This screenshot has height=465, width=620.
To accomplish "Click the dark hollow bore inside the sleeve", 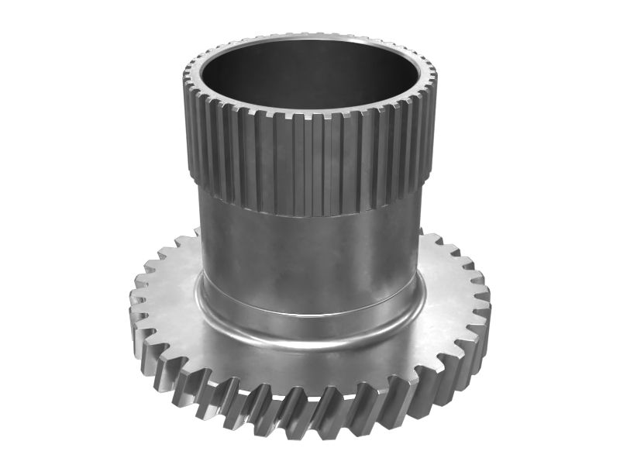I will coord(310,77).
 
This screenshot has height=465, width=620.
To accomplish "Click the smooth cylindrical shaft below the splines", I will coord(310,248).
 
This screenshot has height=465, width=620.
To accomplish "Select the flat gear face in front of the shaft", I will coord(310,364).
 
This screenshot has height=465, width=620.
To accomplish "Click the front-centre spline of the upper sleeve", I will coord(310,163).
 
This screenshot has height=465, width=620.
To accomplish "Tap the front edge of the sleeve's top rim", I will coord(310,114).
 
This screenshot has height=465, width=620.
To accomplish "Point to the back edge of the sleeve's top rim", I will coord(310,37).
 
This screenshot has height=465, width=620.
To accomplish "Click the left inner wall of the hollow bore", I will coord(209,77).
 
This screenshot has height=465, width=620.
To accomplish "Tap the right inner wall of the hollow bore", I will coord(411,77).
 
